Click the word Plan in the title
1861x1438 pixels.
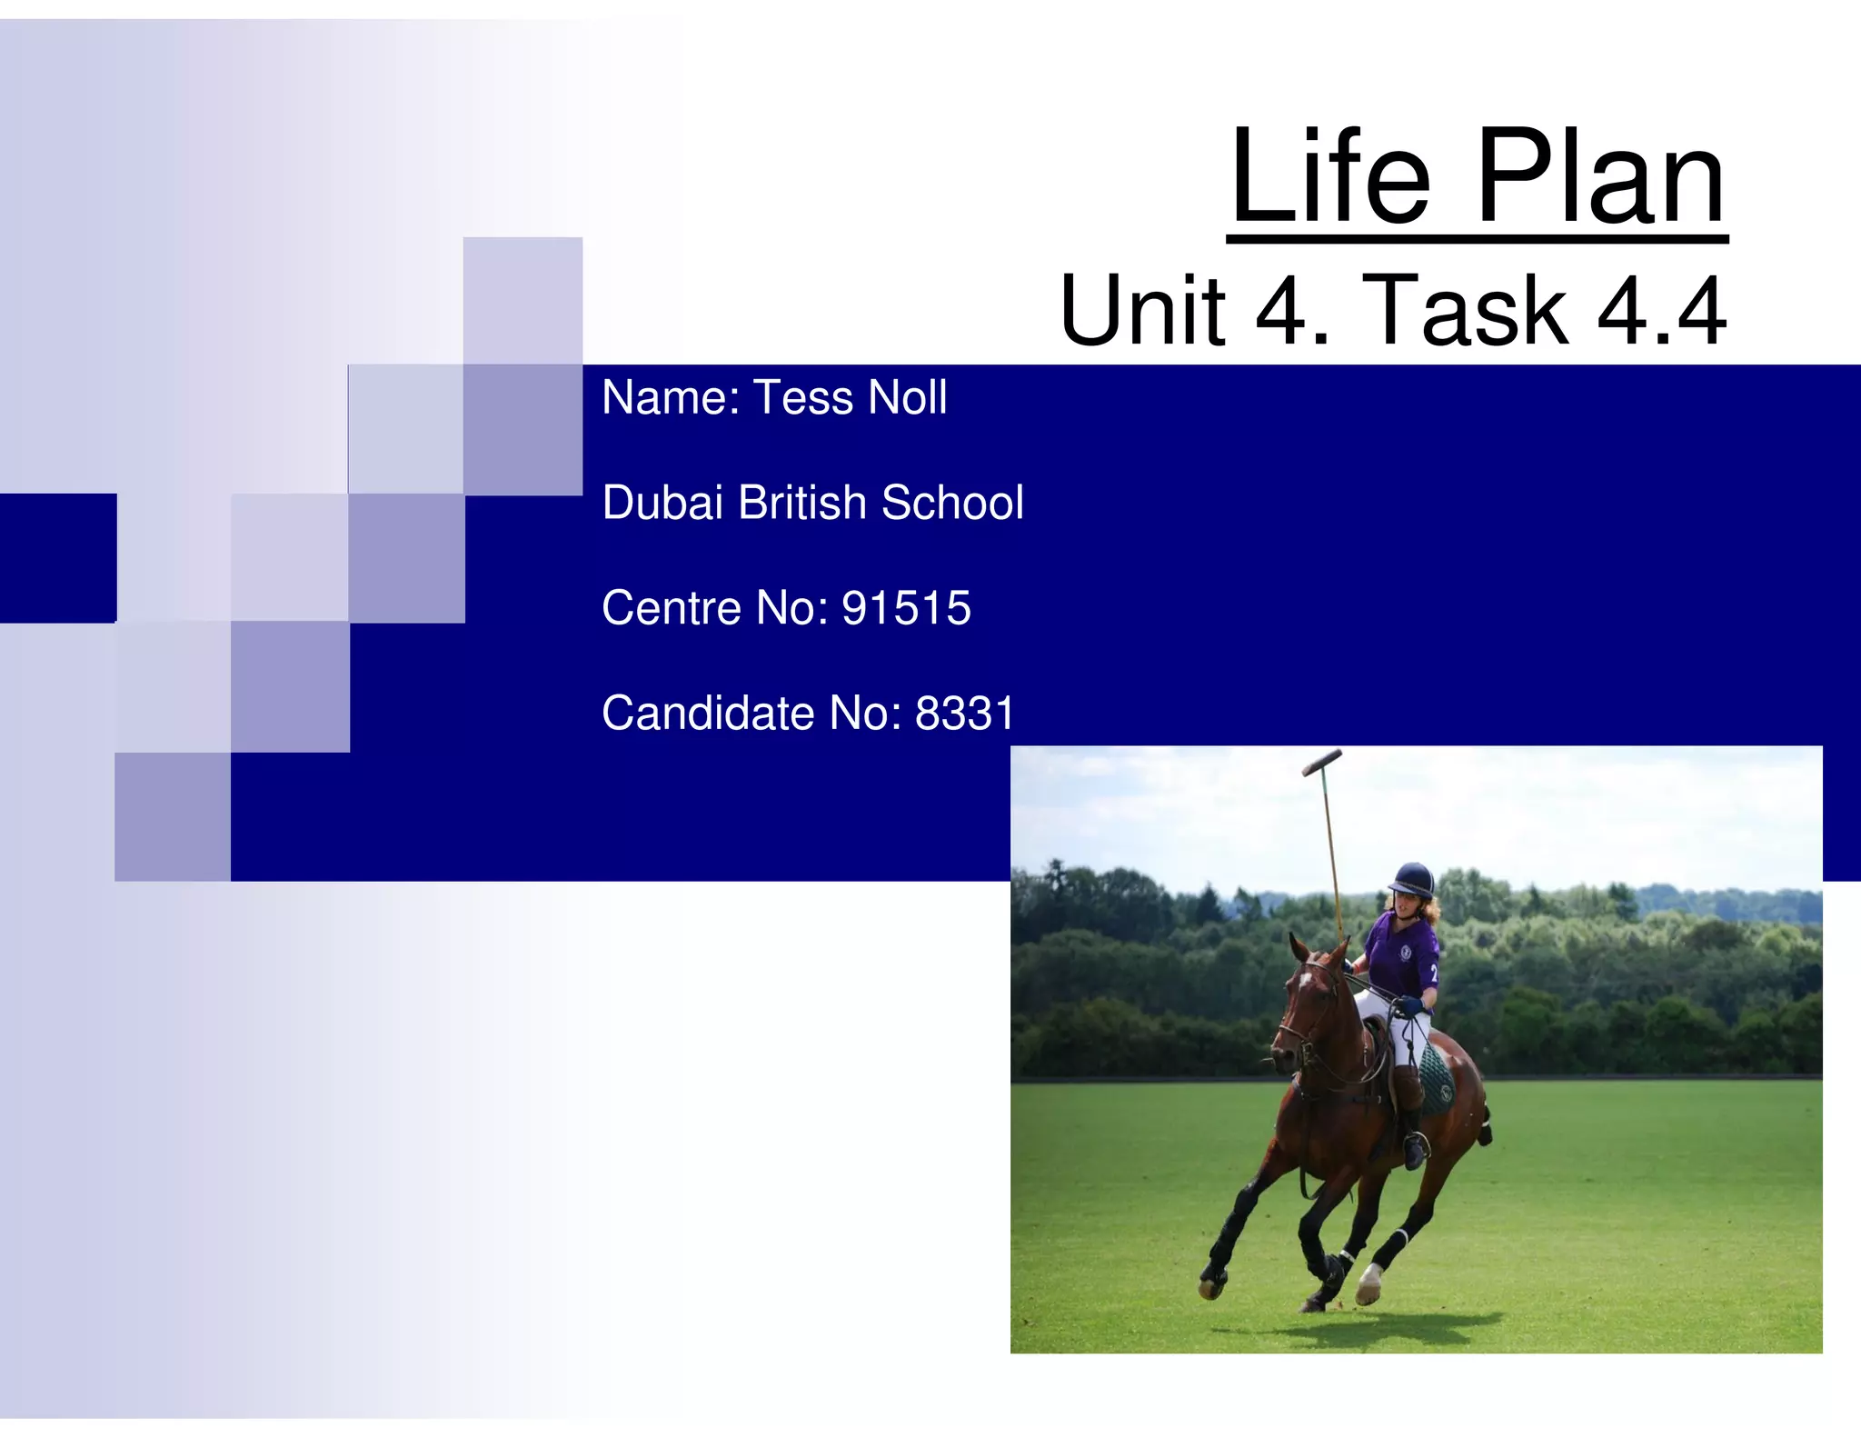1600,176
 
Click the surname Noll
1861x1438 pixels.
907,398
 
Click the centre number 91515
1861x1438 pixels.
906,608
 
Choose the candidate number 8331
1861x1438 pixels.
964,713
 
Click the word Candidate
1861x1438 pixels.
708,713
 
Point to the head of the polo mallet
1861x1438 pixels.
1321,762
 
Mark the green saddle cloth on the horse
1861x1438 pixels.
1436,1077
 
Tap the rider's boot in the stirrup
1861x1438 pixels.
1414,1150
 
